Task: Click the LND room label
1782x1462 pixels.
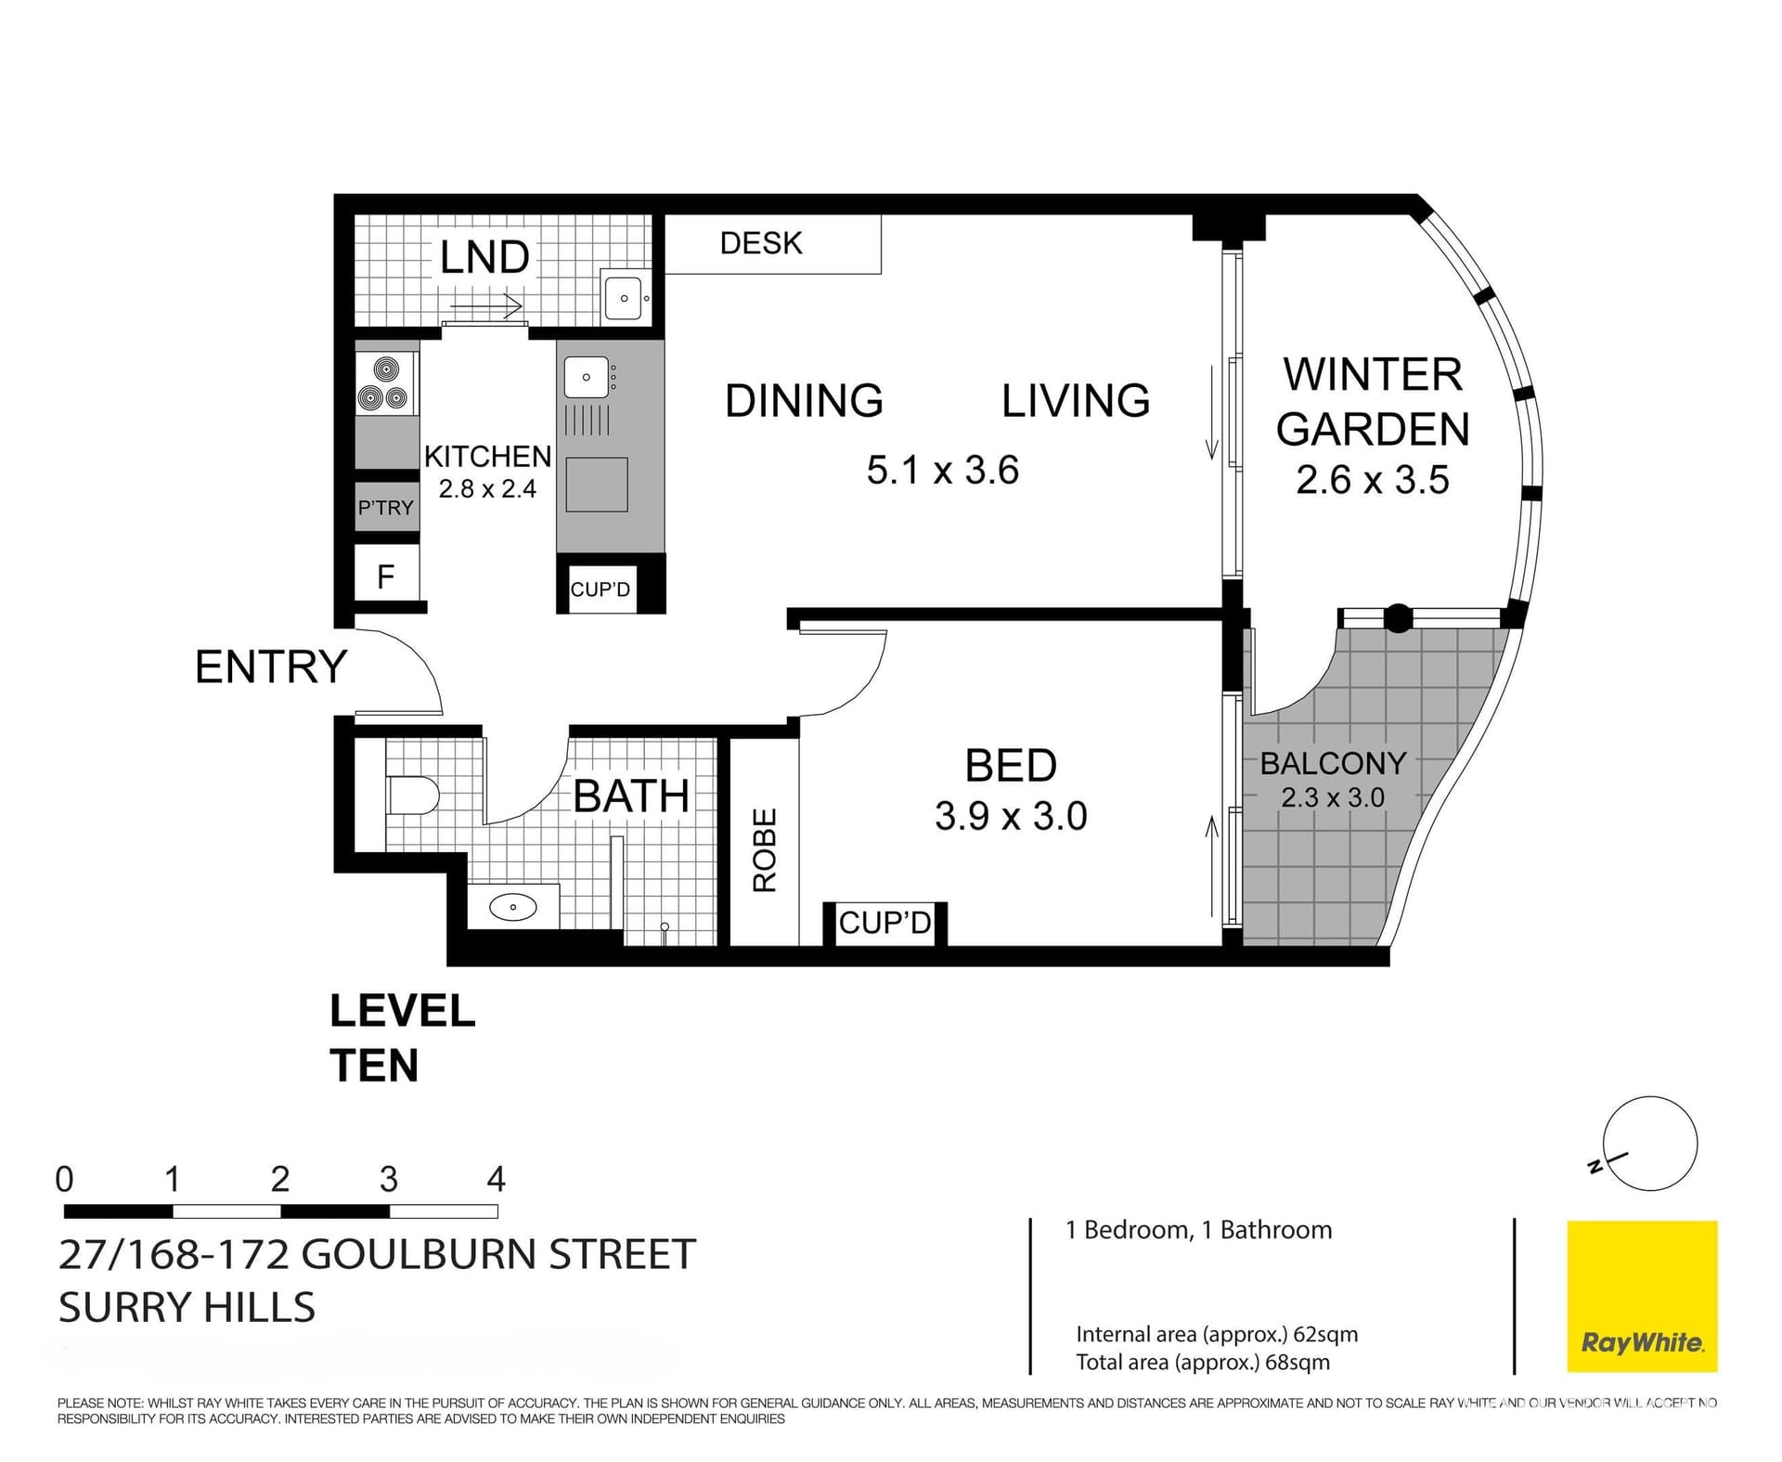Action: pos(484,257)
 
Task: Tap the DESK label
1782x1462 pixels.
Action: pos(760,243)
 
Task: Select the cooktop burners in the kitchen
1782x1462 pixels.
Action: pos(383,385)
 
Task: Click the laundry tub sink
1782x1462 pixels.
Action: pos(624,297)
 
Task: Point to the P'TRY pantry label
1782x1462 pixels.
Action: pos(385,508)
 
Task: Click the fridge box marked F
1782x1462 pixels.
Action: pos(386,576)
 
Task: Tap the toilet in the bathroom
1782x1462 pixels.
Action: pos(411,796)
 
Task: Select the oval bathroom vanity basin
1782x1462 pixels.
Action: pos(512,907)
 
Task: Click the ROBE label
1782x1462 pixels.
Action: pos(764,850)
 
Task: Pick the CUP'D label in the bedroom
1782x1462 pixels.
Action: pos(885,923)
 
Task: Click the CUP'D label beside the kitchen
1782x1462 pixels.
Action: pos(600,589)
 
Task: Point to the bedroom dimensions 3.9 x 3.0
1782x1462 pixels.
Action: pos(1011,816)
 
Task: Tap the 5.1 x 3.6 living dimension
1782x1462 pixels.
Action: pos(942,470)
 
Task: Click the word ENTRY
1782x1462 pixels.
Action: pos(271,666)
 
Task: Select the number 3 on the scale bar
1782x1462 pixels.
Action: pos(388,1180)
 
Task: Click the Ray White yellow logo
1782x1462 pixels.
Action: pos(1642,1296)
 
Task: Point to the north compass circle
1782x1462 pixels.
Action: pos(1650,1144)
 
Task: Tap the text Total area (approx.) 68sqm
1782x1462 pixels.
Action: pos(1203,1362)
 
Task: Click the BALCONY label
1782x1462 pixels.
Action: pos(1333,763)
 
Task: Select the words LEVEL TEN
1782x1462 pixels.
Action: pos(402,1038)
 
